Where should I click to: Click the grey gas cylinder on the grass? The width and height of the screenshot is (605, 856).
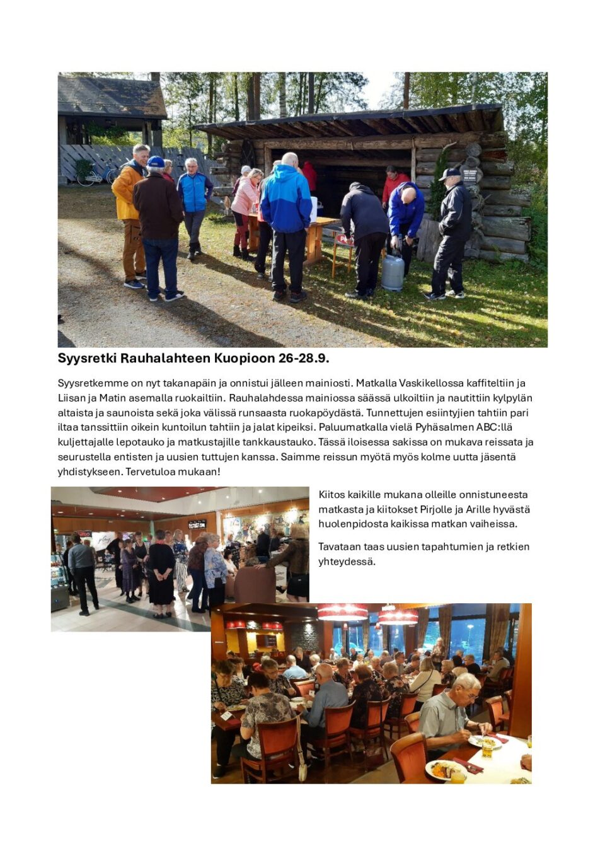tap(392, 272)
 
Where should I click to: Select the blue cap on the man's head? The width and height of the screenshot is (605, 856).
tap(156, 163)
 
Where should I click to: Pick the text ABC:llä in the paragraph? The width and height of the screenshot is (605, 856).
tap(494, 427)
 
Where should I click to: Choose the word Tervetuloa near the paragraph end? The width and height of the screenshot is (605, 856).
tap(151, 471)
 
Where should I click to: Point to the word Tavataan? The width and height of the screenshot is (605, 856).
tap(338, 547)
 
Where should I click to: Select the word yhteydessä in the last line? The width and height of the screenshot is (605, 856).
tap(345, 562)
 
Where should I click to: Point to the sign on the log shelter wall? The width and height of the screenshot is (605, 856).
tap(471, 175)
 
